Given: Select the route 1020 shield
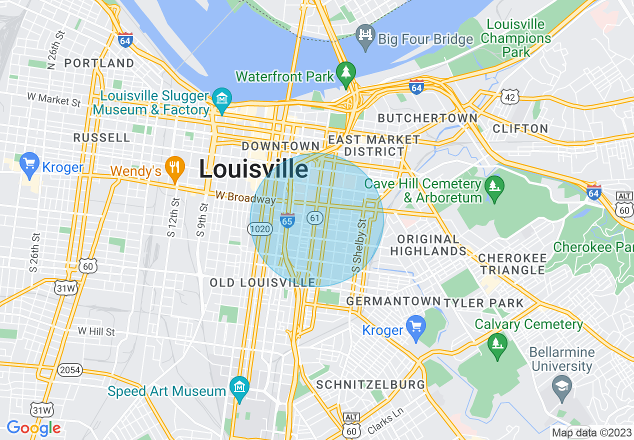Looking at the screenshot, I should click(x=260, y=229).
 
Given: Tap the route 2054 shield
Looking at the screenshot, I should click(x=69, y=370).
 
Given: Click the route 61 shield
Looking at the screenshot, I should click(x=314, y=217).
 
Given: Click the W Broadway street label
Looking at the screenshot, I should click(x=245, y=197).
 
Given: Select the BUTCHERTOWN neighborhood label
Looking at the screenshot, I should click(x=427, y=118).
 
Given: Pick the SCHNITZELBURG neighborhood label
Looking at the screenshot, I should click(x=371, y=384).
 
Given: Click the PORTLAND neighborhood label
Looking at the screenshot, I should click(x=99, y=63).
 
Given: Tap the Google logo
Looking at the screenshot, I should click(x=33, y=428).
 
